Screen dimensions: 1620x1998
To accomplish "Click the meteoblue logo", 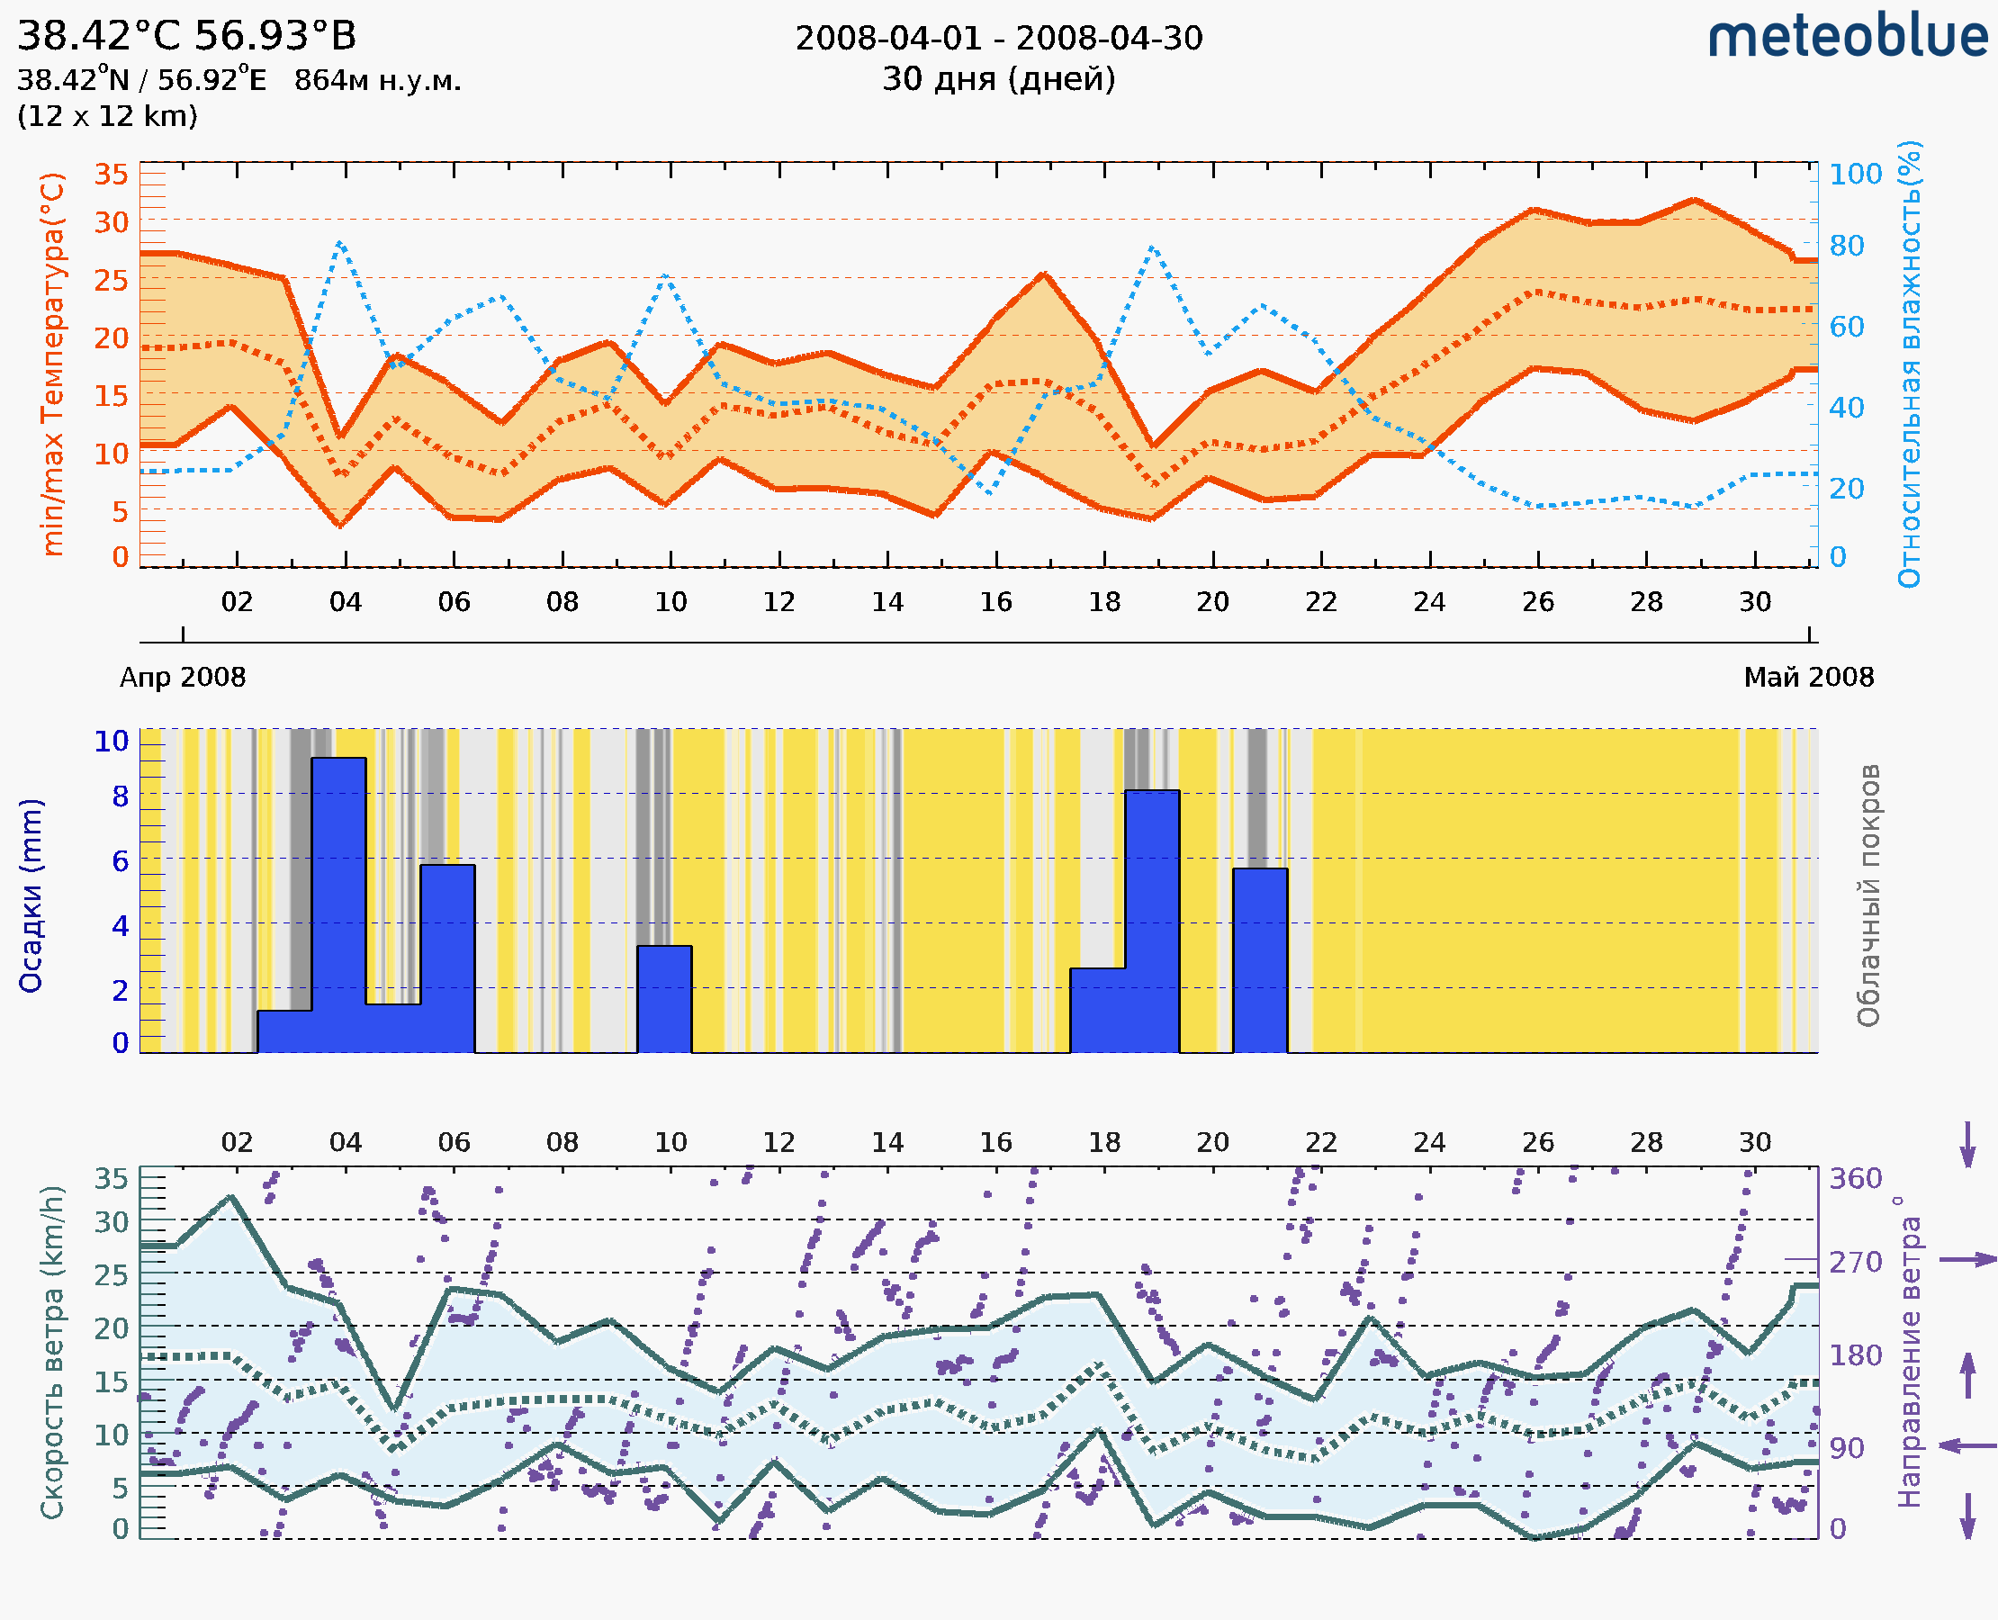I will coord(1847,37).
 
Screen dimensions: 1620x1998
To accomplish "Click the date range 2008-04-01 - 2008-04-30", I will coord(998,39).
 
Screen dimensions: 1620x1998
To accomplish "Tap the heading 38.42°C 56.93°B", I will coord(186,36).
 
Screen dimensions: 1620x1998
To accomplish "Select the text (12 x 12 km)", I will coord(107,117).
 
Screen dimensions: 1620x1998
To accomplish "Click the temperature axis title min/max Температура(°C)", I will coord(53,364).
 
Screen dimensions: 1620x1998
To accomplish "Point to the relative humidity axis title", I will coord(1911,364).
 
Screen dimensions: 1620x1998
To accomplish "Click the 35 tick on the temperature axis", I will coord(111,175).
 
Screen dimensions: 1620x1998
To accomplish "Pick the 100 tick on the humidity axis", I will coord(1855,175).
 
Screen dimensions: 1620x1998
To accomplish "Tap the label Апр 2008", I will coord(183,678).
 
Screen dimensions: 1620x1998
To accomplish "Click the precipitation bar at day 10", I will coord(664,998).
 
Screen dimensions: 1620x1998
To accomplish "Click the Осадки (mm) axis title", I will coord(31,895).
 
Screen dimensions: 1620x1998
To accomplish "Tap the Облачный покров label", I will coord(1868,895).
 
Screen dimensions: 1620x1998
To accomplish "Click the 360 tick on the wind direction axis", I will coord(1855,1179).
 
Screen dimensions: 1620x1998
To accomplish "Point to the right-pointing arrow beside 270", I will coord(1967,1260).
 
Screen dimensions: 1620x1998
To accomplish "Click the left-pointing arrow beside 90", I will coord(1967,1445).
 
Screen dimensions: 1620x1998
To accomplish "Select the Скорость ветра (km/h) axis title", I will coord(53,1352).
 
